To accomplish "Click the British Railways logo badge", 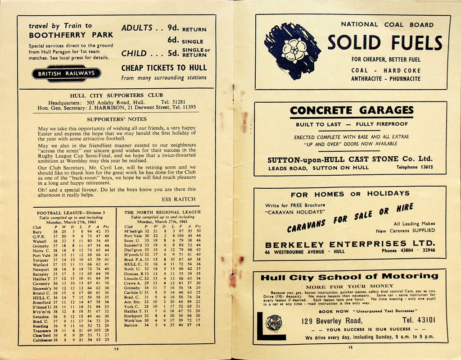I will (66, 73).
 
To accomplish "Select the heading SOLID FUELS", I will (385, 43).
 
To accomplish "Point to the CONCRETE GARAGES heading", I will (352, 110).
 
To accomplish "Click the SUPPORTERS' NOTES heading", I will (117, 119).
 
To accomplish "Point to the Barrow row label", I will (131, 325).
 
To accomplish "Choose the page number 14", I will (116, 349).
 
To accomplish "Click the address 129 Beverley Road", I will (332, 321).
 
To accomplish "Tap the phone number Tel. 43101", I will (419, 320).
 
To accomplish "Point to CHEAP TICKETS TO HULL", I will (164, 68).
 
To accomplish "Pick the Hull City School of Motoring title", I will (349, 277).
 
